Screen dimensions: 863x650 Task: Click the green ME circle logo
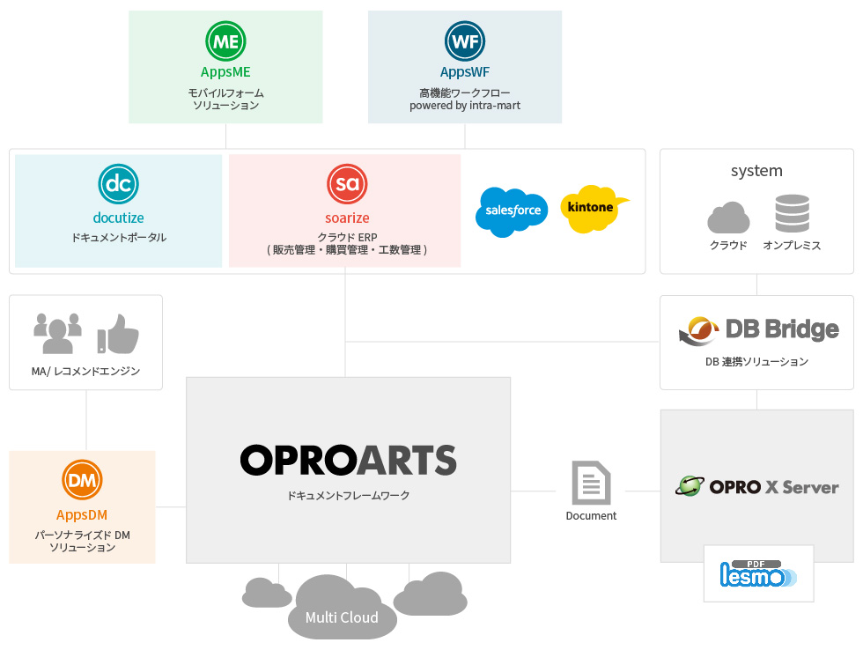[225, 41]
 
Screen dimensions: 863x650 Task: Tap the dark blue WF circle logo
[465, 41]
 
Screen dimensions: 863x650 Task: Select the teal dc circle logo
[118, 184]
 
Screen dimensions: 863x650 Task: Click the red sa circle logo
[347, 184]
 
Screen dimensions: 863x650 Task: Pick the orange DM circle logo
[82, 480]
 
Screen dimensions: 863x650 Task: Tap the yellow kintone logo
[594, 209]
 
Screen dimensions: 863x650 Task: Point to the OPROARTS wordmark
[349, 460]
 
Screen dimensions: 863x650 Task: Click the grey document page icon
[591, 483]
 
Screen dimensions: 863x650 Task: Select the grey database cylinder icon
[792, 213]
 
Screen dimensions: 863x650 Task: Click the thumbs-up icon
[118, 334]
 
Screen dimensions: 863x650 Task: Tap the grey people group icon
[57, 334]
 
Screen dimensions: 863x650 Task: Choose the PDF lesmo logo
[758, 573]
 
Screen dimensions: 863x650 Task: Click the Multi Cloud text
[342, 617]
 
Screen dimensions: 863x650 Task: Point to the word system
[756, 171]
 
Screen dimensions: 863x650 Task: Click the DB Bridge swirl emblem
[698, 331]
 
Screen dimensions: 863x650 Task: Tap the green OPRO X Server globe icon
[690, 486]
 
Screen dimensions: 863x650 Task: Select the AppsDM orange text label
[82, 515]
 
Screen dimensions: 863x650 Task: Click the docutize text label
[118, 218]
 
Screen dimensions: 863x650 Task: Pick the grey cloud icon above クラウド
[728, 218]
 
